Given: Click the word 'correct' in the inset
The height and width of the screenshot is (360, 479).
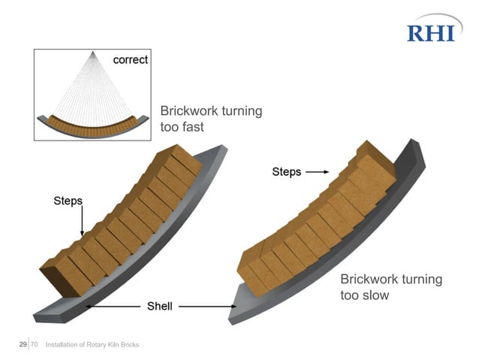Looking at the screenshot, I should coord(131,59).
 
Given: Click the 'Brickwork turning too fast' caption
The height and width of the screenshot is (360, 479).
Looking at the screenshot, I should coord(211,119).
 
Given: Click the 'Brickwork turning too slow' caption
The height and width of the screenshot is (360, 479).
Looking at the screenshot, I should coord(391,287).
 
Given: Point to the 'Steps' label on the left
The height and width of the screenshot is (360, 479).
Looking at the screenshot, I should coord(68,201).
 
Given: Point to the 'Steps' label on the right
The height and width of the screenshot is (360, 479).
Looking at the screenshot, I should coord(286,172).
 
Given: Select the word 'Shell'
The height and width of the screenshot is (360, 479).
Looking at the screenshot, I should coord(159,306).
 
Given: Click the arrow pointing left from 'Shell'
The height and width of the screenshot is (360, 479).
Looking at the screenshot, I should coord(113,306).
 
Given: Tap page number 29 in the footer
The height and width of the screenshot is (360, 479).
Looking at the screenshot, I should coord(23,344).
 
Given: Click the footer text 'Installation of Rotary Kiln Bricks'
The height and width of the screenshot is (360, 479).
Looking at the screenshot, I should coord(92,345).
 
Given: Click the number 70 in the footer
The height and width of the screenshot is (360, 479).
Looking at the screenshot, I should coord(34,344).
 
